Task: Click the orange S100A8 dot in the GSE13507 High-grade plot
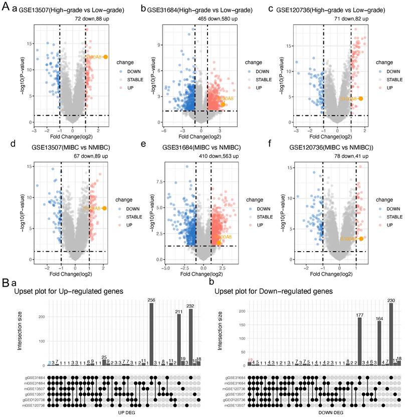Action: pos(105,57)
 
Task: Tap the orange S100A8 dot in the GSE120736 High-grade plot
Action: pos(360,99)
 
